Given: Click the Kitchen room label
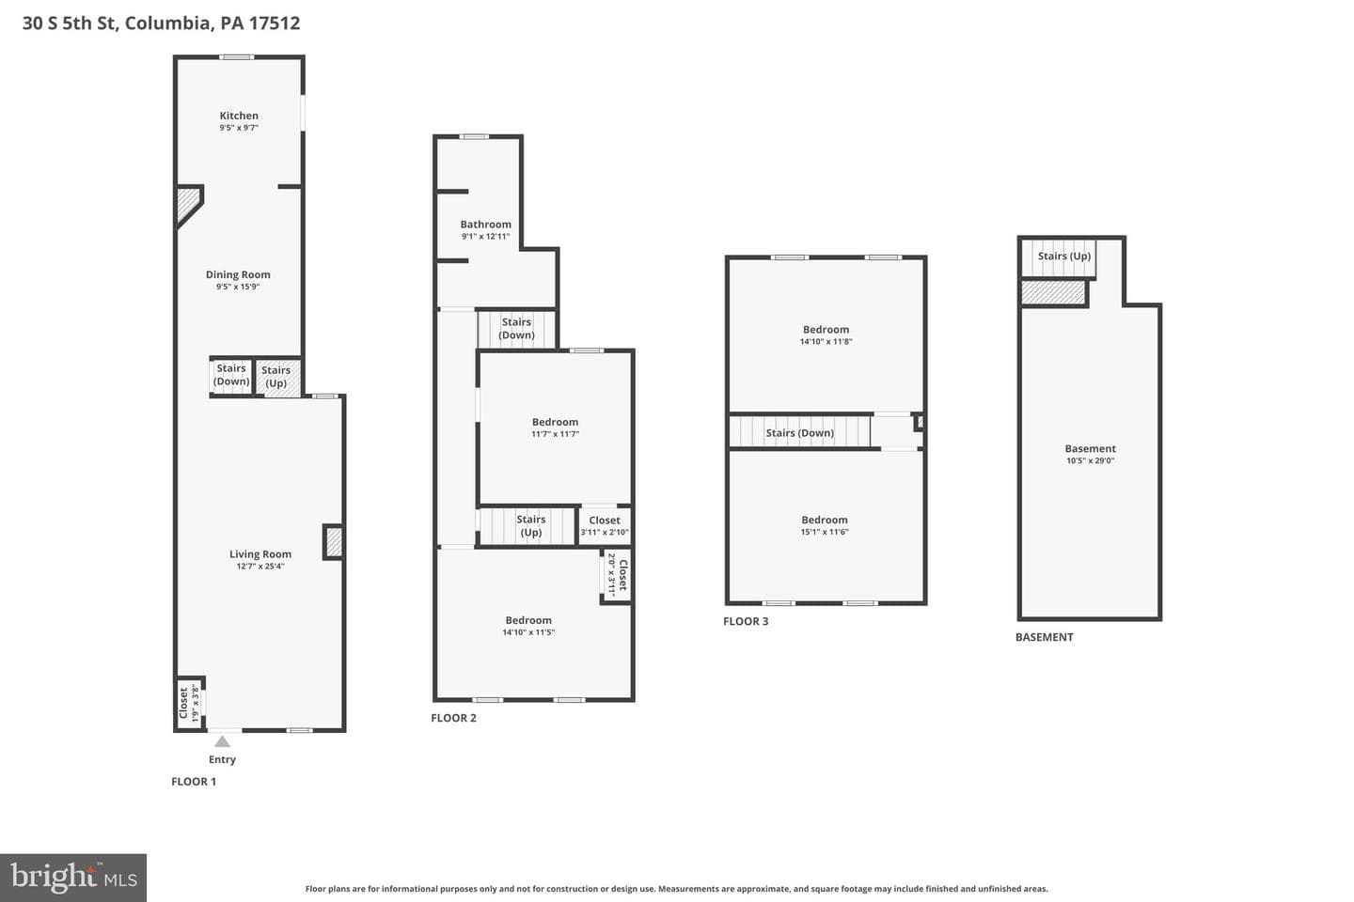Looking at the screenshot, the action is (x=239, y=116).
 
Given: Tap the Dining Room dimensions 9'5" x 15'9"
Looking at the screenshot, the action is (x=238, y=287).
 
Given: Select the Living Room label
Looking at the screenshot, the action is (x=260, y=554).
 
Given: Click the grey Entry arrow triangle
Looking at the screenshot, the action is (x=223, y=741).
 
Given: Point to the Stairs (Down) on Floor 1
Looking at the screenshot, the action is (x=231, y=376).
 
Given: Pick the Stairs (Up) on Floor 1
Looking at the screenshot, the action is (x=277, y=378).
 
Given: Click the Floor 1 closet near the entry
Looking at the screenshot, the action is (x=188, y=703).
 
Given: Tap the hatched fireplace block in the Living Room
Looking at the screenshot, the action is (x=334, y=542).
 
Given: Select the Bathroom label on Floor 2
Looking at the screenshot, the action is (x=485, y=225).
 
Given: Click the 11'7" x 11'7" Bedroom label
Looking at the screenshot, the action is (x=555, y=422).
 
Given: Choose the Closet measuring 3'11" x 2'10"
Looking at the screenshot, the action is (x=605, y=525).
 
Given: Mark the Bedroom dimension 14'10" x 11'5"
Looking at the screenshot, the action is (x=528, y=632).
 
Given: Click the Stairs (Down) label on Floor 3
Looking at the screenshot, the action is (x=799, y=432).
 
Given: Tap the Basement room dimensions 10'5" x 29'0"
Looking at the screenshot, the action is (x=1090, y=460).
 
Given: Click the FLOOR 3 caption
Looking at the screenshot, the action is (x=746, y=621).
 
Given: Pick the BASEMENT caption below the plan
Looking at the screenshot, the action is (x=1044, y=637).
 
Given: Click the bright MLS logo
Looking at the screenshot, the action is (x=73, y=878).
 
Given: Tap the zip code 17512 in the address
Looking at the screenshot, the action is (x=275, y=23).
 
